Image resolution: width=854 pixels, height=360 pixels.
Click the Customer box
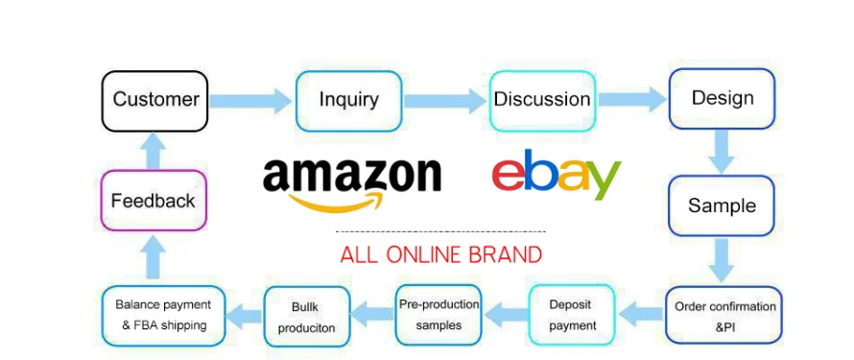[155, 100]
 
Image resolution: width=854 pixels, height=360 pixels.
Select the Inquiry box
[348, 100]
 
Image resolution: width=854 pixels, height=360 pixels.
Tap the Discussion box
[541, 100]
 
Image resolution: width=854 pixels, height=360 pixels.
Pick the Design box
[722, 98]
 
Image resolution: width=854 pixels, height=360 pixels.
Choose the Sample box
[722, 205]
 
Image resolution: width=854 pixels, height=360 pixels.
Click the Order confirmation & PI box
[724, 316]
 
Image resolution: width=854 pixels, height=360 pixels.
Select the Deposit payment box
[570, 315]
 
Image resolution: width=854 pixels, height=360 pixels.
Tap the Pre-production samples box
[439, 315]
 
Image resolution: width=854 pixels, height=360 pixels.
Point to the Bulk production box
[306, 316]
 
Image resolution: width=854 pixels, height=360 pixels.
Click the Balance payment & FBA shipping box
[164, 315]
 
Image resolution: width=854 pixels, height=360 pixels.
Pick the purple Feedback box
[154, 201]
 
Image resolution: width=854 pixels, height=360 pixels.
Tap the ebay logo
[557, 175]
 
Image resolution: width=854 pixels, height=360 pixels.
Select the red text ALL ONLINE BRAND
[440, 255]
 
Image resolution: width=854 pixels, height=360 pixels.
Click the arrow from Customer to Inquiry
[250, 100]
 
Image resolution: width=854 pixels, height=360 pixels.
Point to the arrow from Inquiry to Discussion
[444, 100]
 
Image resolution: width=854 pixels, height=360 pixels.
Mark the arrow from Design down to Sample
[722, 151]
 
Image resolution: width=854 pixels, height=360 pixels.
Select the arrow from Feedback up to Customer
[154, 151]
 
